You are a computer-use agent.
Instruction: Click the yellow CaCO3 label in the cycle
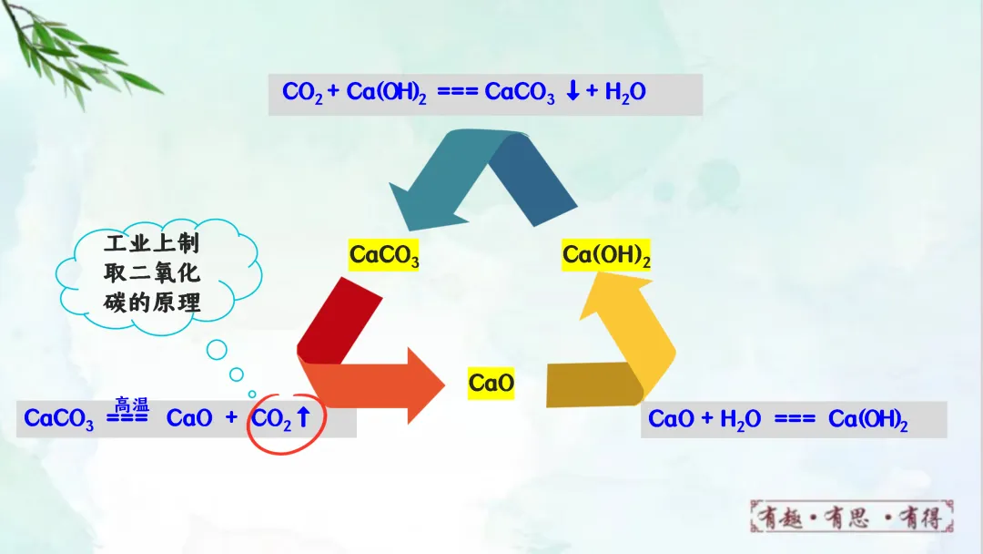[x=384, y=256]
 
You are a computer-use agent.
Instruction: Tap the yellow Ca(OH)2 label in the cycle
[x=606, y=256]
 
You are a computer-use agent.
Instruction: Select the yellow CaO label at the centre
[x=491, y=384]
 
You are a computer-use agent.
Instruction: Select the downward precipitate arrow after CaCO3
[x=573, y=92]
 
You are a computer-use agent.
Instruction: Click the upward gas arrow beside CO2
[x=304, y=418]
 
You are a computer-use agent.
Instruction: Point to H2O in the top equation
[x=625, y=93]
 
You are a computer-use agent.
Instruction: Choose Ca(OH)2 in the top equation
[x=387, y=93]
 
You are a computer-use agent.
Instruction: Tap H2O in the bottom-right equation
[x=740, y=420]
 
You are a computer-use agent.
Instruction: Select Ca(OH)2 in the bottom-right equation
[x=867, y=420]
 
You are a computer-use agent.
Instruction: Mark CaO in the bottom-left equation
[x=189, y=418]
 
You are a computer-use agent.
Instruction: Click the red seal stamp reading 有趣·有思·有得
[x=851, y=518]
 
